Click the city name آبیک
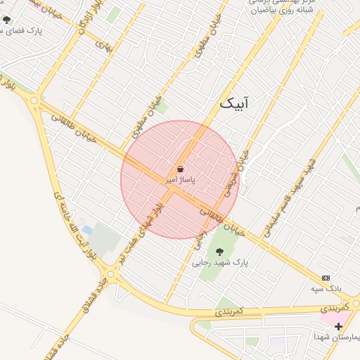click(234, 103)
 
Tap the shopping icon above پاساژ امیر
click(180, 169)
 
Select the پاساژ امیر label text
click(180, 180)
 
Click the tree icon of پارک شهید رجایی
click(219, 251)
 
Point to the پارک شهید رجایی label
click(221, 263)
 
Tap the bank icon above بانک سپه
click(325, 278)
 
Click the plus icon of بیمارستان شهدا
click(338, 326)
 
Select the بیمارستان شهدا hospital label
click(337, 337)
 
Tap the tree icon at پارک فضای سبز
click(7, 20)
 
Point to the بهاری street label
click(103, 46)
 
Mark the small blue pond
click(86, 230)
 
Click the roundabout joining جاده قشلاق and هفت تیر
click(110, 274)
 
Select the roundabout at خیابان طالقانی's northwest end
click(34, 101)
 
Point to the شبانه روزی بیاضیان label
click(278, 11)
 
